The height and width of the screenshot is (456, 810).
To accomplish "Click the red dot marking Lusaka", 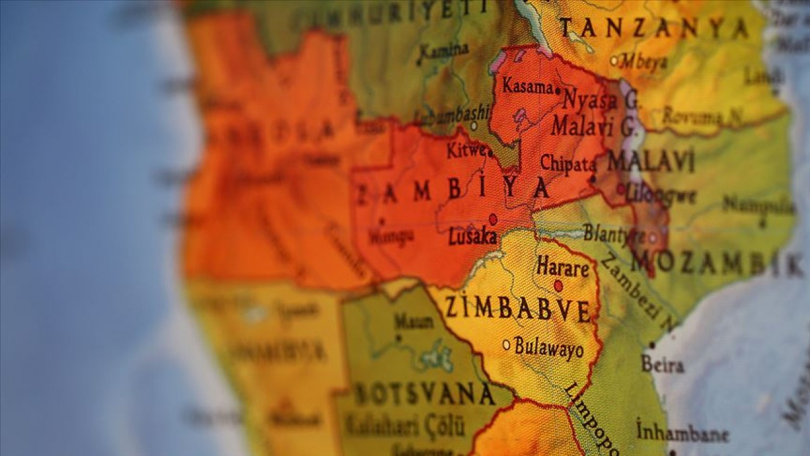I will point(493,219).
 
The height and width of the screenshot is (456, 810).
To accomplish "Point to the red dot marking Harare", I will point(558,286).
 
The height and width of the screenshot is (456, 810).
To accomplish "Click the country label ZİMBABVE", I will point(518,308).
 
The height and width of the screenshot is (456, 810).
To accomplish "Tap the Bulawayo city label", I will point(549,347).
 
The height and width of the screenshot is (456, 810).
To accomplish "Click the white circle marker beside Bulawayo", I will point(506,345).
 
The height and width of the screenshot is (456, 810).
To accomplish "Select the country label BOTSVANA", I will point(424,394).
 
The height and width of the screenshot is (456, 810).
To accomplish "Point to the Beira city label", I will point(663,364).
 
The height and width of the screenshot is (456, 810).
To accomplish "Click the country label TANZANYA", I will point(654,28).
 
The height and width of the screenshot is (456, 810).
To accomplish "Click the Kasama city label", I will point(528,87).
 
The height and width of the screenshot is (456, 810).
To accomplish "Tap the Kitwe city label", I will point(466,151).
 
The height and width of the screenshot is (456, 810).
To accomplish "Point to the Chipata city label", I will point(568,164).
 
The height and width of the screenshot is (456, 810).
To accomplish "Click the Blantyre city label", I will point(613,234).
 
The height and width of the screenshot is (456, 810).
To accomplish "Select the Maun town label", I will point(414,321).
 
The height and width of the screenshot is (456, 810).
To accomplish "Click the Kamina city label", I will point(444,51).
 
